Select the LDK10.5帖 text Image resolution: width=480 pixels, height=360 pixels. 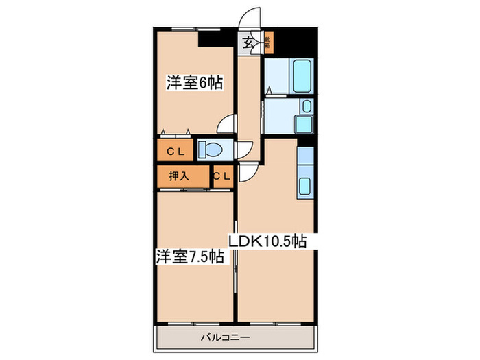point(267,241)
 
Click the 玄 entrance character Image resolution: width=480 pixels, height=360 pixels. point(246,44)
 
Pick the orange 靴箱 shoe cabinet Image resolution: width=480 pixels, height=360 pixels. point(267,44)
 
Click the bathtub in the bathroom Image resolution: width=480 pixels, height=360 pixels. point(302,77)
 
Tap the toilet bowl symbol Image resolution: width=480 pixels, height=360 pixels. point(211,149)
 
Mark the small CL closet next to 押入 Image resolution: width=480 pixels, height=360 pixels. point(222,176)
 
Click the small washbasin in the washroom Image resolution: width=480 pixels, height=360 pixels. point(307,106)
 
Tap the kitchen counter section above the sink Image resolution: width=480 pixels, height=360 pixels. point(305,156)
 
